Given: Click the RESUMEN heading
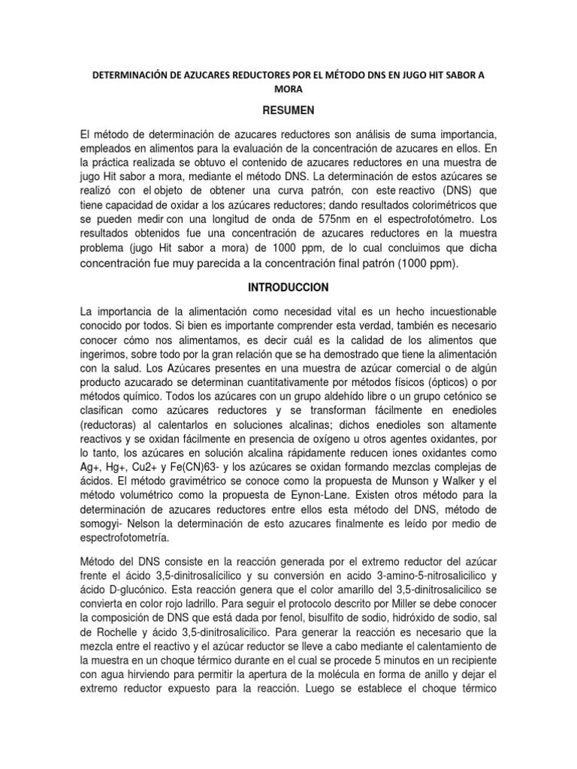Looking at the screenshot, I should (288, 109).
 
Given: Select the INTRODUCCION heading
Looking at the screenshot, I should (288, 288).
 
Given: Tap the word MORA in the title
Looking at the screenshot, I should (288, 88).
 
